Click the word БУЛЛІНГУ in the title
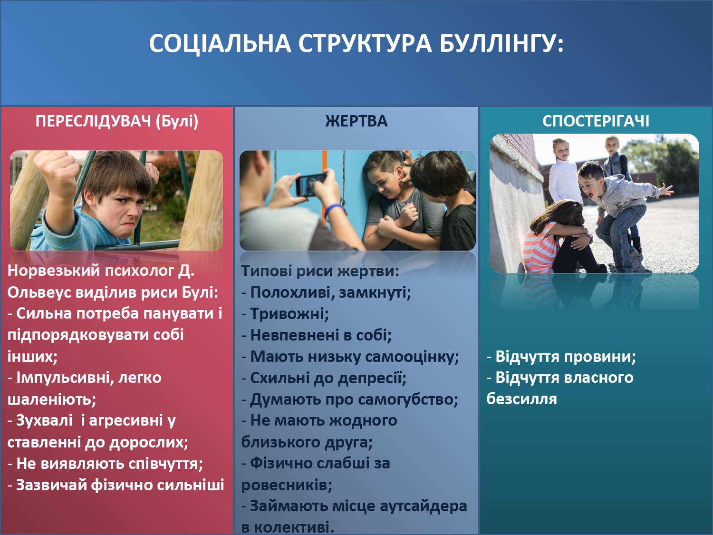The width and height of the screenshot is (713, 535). [x=501, y=44]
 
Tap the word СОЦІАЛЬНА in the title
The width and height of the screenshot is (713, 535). [x=220, y=44]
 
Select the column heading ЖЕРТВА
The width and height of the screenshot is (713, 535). [x=356, y=121]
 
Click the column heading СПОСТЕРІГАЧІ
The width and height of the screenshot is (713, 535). [x=596, y=121]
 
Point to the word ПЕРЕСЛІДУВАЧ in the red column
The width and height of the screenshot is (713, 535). [x=93, y=121]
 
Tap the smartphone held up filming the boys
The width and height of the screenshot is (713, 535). [x=311, y=184]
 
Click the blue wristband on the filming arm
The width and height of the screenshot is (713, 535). [x=334, y=210]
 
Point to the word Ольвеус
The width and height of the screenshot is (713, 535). [x=39, y=292]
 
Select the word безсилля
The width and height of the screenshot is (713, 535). [x=521, y=399]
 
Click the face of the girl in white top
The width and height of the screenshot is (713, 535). [x=561, y=150]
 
